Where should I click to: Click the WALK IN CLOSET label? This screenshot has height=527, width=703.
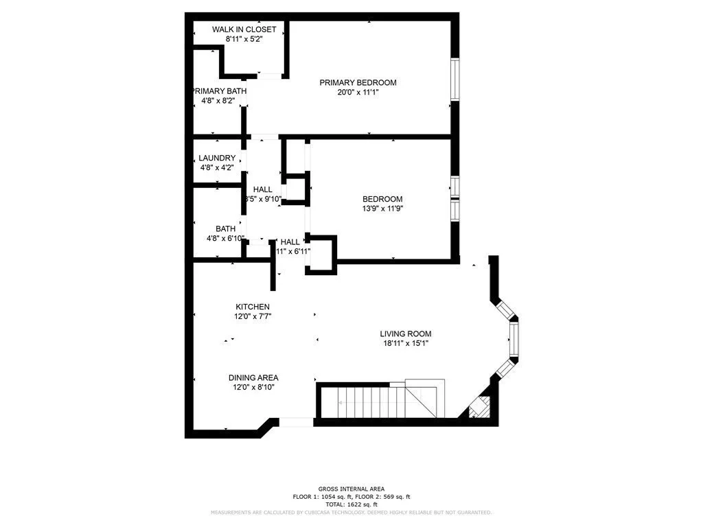244,30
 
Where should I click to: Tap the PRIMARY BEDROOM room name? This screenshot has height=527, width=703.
358,82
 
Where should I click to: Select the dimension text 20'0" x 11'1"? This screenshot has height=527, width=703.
358,92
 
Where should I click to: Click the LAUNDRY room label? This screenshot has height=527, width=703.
217,159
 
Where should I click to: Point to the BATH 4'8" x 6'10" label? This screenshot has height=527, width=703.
226,234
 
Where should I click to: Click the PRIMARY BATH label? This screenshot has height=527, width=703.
218,91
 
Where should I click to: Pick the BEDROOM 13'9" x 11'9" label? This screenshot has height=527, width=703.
382,204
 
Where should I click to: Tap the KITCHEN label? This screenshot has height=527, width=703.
253,307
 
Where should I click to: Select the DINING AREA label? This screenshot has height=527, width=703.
253,377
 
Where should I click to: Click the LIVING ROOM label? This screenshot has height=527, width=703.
406,334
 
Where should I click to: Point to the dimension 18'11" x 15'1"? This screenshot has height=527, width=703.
406,344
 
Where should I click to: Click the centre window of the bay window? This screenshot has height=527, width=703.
513,338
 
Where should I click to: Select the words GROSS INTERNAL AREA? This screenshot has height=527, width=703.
351,488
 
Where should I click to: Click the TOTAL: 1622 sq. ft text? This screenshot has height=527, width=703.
351,504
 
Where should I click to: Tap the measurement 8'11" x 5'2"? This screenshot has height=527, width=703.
244,39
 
